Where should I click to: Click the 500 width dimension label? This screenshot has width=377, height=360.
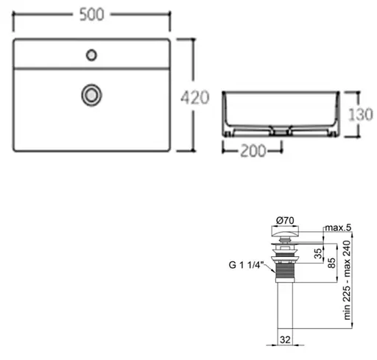92,15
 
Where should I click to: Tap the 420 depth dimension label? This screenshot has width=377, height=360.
195,97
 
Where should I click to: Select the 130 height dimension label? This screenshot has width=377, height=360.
361,114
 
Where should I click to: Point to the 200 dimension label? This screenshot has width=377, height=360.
253,150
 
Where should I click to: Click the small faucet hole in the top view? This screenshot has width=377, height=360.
91,55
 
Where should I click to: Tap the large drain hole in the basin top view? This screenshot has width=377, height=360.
91,95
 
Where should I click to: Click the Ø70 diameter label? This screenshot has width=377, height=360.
285,220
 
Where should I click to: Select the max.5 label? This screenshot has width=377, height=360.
338,227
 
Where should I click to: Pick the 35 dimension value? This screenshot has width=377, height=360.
318,253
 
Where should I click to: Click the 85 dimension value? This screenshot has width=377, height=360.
332,263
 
